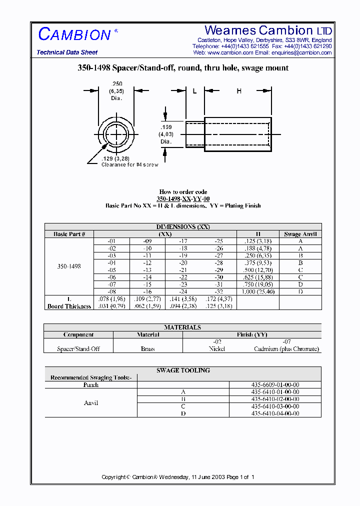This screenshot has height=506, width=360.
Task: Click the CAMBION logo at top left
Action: (x=74, y=34)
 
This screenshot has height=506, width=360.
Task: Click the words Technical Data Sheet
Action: (x=67, y=52)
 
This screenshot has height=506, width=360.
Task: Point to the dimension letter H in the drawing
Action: (x=239, y=91)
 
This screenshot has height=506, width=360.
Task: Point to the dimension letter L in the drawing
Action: (x=194, y=91)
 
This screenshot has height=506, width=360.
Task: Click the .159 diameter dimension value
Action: (x=166, y=127)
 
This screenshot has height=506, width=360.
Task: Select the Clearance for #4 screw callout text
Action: (x=129, y=164)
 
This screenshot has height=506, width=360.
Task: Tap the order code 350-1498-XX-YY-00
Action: (x=183, y=198)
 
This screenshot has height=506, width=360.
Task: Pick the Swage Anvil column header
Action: (x=300, y=234)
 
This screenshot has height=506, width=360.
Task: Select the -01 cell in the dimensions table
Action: (x=111, y=241)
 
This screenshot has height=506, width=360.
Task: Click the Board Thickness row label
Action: (x=69, y=306)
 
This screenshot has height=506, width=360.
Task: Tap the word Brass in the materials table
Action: (x=148, y=349)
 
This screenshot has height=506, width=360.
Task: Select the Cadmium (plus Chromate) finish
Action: (x=286, y=349)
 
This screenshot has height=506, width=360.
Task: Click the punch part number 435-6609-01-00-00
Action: (x=275, y=385)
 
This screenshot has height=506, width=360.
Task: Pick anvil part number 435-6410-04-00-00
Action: (x=275, y=413)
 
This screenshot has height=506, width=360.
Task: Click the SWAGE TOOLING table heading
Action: (x=183, y=370)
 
